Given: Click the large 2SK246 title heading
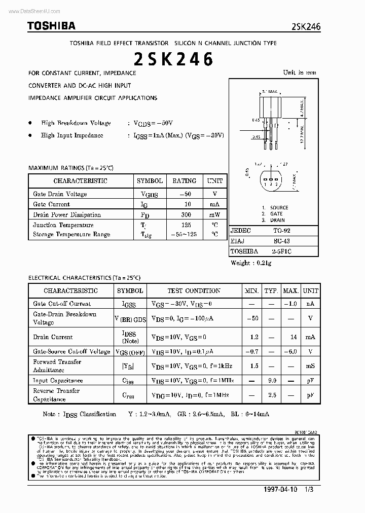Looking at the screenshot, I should pos(173,60).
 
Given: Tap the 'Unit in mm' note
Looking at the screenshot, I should pos(300,72).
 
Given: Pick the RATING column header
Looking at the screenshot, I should pos(184,180).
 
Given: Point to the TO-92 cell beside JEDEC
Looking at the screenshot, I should pos(282,230).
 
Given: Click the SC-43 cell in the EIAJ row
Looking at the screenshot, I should pos(282,241).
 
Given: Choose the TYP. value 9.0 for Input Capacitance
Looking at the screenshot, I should pos(271,380).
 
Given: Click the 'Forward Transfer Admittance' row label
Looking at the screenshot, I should pos(57,366).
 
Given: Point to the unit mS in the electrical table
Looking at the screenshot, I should pos(310,366).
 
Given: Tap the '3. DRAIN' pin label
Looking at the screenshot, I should pos(274,221).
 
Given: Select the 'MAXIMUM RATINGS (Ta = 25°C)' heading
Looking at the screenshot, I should pos(71,167).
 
